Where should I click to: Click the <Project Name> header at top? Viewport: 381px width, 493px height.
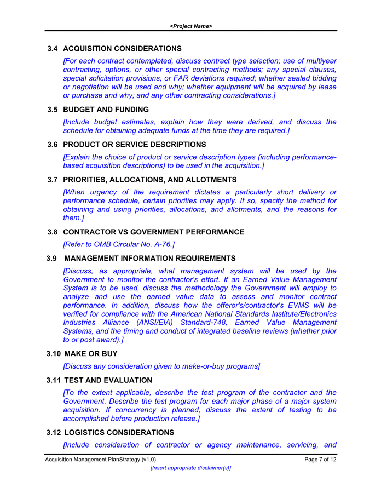190,26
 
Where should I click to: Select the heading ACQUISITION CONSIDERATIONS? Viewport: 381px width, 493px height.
122,49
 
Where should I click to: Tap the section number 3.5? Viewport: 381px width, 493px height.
53,110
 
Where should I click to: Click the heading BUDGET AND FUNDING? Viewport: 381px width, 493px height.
106,110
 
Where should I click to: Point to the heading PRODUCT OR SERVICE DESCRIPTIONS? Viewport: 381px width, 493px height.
135,145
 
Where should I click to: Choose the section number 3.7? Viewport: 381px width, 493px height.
53,180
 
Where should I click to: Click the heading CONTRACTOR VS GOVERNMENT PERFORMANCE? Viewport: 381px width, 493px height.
154,232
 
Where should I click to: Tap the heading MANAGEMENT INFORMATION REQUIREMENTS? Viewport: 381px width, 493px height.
150,259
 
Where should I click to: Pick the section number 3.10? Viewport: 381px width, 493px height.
54,354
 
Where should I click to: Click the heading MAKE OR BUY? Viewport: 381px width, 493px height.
91,354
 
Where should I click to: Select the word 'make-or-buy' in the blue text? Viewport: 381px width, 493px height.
194,366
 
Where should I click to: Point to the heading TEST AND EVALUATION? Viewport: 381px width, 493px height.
108,380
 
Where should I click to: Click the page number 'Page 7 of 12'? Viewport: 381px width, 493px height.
320,460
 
